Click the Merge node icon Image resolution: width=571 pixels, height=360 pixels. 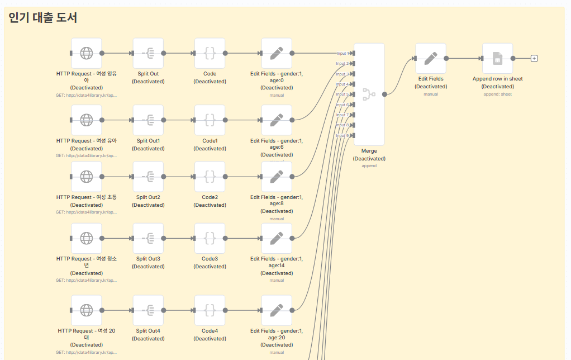click(369, 94)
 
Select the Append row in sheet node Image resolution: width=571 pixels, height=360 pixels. click(497, 58)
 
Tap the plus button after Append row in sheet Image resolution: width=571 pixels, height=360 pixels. click(534, 58)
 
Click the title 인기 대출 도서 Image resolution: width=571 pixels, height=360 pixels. click(43, 18)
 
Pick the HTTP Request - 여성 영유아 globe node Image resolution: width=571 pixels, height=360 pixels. click(87, 53)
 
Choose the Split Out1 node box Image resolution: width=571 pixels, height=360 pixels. click(148, 120)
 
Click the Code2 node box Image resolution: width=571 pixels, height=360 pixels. click(210, 177)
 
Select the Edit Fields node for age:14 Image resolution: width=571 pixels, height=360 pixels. click(277, 238)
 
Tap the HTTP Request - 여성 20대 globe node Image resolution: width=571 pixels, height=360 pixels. click(87, 310)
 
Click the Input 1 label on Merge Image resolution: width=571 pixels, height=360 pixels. click(342, 54)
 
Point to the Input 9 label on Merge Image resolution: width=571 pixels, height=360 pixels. click(342, 135)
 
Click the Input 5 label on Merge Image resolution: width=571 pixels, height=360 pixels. click(342, 94)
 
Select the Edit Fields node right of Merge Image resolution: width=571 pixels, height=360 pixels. click(431, 58)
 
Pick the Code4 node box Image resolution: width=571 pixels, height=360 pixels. click(210, 310)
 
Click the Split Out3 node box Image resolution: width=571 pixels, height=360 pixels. click(148, 238)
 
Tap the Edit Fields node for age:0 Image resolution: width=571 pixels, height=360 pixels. click(277, 53)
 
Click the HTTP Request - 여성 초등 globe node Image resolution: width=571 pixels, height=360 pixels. click(87, 177)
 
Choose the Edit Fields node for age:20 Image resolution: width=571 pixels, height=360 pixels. click(277, 310)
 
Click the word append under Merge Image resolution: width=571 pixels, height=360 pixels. click(369, 166)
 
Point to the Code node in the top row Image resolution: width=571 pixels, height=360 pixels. click(210, 53)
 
